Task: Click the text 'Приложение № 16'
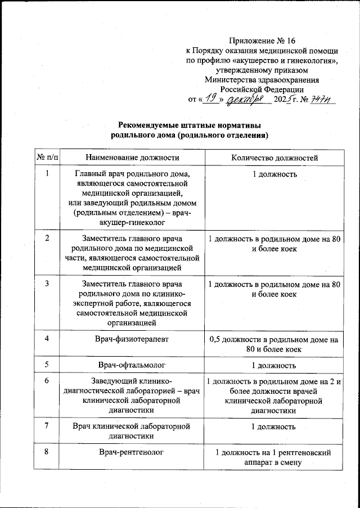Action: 262,42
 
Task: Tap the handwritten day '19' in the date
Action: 211,98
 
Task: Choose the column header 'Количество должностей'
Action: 274,158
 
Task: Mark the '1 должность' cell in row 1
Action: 274,174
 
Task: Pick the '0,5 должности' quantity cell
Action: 274,344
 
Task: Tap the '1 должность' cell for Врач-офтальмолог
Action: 274,366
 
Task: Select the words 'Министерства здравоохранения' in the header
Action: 262,79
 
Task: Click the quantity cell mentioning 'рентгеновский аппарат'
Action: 274,457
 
